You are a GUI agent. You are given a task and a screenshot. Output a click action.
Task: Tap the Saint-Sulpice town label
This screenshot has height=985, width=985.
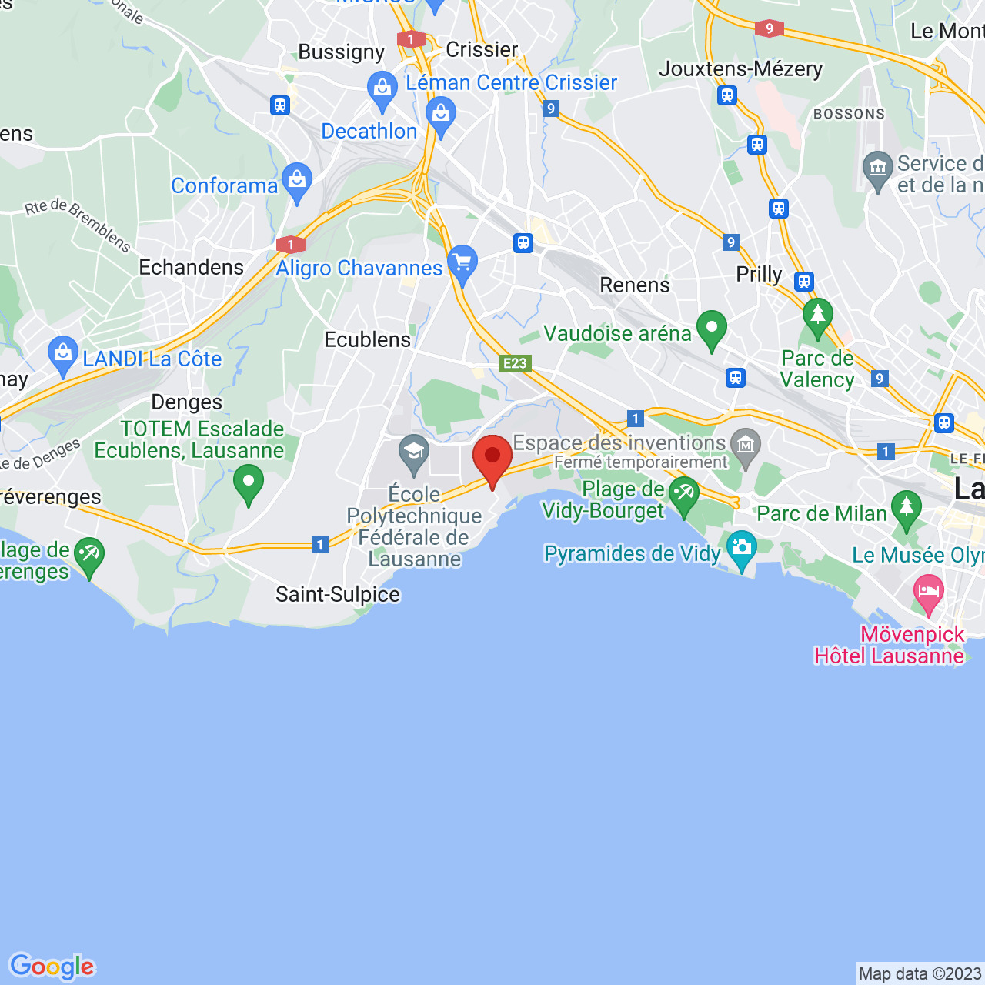(338, 594)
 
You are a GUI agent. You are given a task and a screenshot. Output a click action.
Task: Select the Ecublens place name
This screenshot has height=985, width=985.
(368, 339)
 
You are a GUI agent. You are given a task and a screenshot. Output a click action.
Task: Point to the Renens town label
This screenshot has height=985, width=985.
(635, 285)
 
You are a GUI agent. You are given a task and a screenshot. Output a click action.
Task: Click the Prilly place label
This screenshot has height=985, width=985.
(759, 275)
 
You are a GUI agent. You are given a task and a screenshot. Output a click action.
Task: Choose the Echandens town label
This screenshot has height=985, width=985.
(192, 267)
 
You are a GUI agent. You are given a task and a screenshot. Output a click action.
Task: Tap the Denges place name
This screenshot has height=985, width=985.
(187, 402)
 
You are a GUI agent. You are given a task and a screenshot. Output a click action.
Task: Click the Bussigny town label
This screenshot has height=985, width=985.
(341, 52)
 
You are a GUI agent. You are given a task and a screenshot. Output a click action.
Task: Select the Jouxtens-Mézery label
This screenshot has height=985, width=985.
(741, 68)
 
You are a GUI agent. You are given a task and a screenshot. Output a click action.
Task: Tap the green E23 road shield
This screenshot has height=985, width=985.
(515, 363)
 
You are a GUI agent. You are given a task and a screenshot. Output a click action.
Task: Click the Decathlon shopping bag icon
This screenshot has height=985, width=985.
(441, 115)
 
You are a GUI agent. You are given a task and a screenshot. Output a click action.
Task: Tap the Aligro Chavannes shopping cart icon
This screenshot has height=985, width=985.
(462, 263)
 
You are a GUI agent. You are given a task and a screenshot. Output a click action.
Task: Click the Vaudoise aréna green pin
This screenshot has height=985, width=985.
(712, 329)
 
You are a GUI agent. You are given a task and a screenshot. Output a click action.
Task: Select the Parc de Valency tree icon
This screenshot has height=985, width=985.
(817, 316)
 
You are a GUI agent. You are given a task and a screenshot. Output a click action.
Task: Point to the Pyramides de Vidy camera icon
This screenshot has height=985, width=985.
(741, 548)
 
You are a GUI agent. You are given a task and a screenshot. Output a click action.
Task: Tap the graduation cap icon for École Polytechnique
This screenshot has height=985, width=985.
(414, 451)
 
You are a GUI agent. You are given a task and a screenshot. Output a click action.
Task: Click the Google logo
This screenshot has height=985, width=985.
(52, 967)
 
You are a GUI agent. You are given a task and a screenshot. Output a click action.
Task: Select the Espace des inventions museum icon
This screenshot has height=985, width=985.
(745, 445)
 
